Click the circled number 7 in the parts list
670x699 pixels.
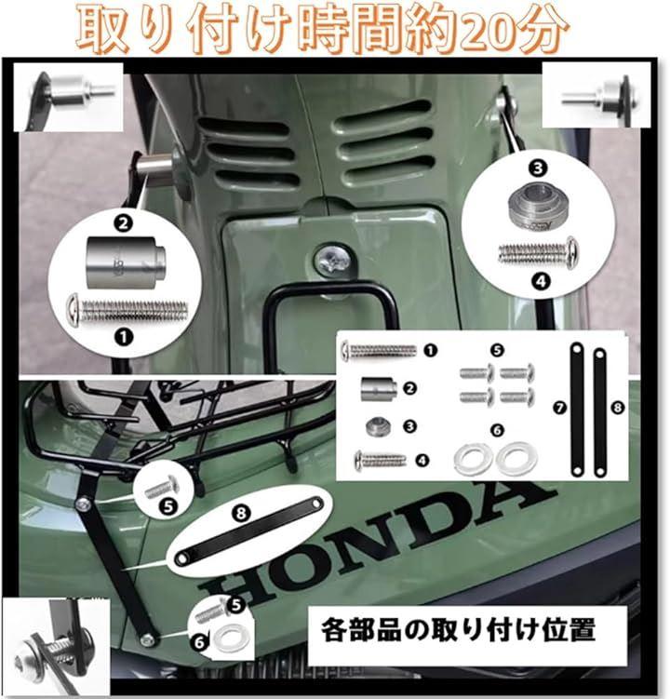click(559, 408)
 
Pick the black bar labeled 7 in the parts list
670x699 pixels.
click(577, 410)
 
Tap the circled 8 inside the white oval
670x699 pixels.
click(241, 513)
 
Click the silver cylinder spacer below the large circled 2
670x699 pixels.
click(127, 262)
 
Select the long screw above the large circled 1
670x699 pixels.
click(127, 310)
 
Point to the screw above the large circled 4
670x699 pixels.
click(539, 253)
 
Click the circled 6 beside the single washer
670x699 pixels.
click(199, 642)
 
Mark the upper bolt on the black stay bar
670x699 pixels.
click(83, 504)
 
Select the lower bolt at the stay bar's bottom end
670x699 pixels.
click(147, 640)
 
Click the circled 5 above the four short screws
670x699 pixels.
click(497, 350)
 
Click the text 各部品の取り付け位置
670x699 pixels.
click(459, 629)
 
